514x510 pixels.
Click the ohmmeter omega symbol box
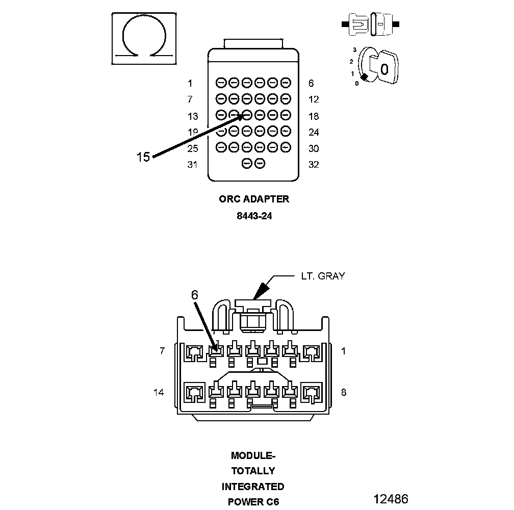click(x=145, y=39)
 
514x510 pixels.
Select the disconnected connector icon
click(x=371, y=24)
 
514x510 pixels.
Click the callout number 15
click(x=143, y=157)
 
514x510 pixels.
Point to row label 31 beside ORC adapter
click(x=192, y=165)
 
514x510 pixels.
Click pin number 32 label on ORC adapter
click(x=314, y=165)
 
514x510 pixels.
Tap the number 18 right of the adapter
click(x=314, y=116)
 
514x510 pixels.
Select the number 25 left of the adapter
click(x=192, y=149)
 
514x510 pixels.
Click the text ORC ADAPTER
click(x=254, y=199)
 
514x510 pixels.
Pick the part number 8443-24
click(x=254, y=216)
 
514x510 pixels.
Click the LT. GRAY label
click(x=322, y=276)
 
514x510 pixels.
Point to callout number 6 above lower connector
click(x=194, y=295)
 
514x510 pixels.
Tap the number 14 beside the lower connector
click(x=159, y=392)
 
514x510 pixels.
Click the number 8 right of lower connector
click(x=343, y=392)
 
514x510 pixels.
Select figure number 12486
click(x=391, y=499)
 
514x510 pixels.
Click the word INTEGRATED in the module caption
click(x=253, y=487)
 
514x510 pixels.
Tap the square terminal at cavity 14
click(x=194, y=392)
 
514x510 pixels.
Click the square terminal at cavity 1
click(x=311, y=351)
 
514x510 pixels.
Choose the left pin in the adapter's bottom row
click(x=247, y=164)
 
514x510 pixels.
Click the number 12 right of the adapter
click(x=314, y=100)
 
